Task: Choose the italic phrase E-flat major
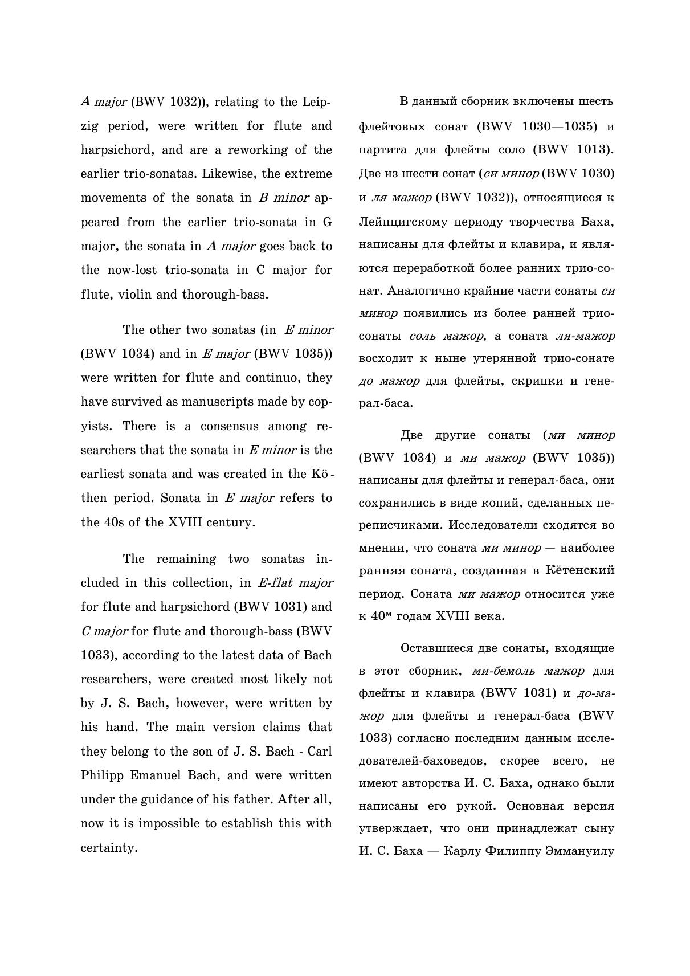tap(295, 583)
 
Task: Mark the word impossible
tap(209, 823)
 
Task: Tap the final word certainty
tap(109, 848)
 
